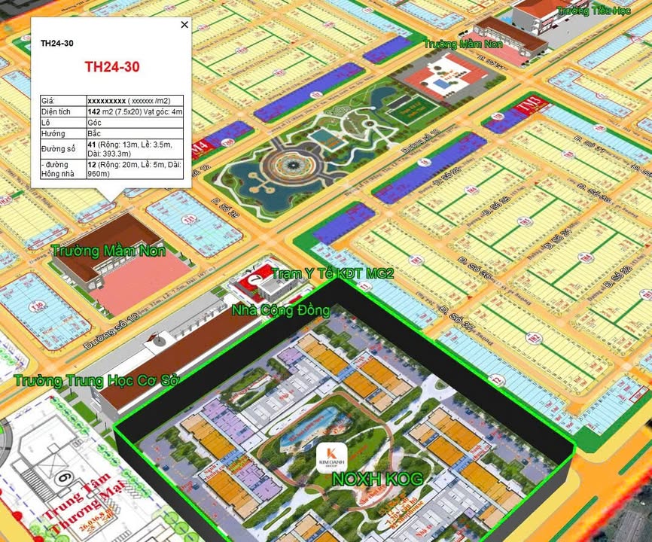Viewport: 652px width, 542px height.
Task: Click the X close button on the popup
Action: tap(184, 25)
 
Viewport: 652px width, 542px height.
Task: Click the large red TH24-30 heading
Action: tap(111, 66)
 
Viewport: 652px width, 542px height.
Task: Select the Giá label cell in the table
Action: tap(62, 100)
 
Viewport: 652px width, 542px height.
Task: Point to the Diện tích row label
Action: tap(62, 111)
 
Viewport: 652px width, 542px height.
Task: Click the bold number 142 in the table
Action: tap(95, 111)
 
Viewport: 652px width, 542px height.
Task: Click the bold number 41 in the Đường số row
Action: tap(92, 143)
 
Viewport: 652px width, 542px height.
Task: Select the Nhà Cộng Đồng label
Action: tap(280, 310)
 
